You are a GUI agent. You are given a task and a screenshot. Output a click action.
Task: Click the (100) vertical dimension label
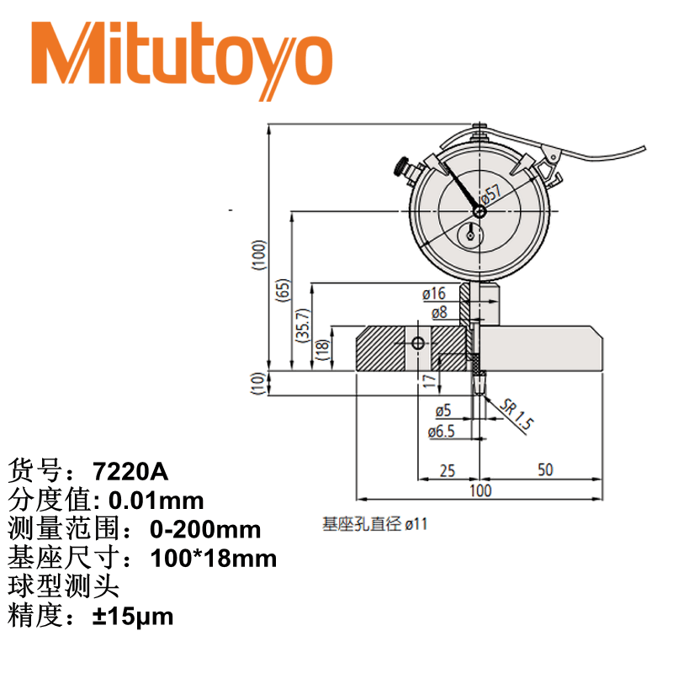pyautogui.click(x=260, y=255)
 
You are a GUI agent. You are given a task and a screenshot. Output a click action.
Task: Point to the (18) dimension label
pyautogui.click(x=321, y=349)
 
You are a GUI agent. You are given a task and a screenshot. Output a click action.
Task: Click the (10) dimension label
pyautogui.click(x=260, y=383)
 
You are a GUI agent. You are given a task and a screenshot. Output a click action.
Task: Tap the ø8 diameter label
pyautogui.click(x=438, y=312)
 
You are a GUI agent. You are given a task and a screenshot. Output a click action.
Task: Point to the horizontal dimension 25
pyautogui.click(x=447, y=469)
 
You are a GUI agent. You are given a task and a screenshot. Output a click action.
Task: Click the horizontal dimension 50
pyautogui.click(x=545, y=469)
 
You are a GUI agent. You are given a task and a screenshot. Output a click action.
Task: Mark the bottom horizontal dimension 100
pyautogui.click(x=480, y=490)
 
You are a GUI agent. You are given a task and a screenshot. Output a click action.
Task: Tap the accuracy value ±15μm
pyautogui.click(x=133, y=617)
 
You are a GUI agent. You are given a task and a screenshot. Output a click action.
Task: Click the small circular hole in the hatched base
pyautogui.click(x=418, y=344)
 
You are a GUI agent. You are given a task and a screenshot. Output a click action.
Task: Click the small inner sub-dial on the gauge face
pyautogui.click(x=470, y=236)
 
